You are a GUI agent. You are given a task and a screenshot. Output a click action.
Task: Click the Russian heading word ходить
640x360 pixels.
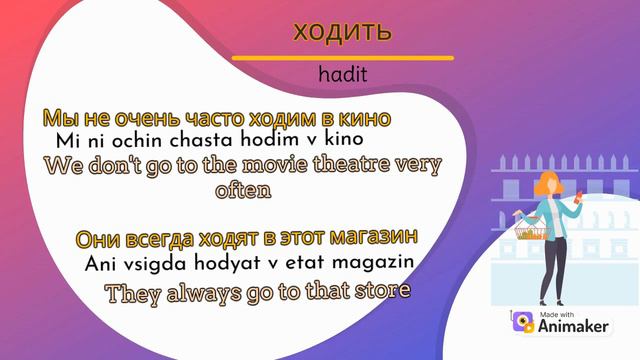click(x=336, y=31)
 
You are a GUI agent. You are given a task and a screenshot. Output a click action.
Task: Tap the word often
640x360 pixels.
click(x=244, y=189)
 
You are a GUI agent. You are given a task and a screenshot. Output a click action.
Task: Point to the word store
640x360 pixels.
click(x=379, y=293)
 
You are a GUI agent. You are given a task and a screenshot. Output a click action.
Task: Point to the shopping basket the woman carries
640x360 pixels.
click(x=529, y=232)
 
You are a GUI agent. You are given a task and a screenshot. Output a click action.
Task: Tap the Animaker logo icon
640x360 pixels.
click(x=522, y=322)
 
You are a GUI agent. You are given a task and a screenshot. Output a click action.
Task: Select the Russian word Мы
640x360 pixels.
click(x=56, y=118)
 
